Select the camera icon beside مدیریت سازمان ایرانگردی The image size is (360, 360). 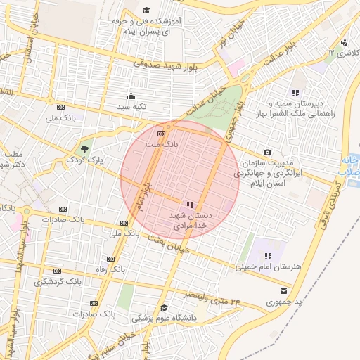click(x=267, y=153)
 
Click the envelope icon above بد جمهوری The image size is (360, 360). click(x=283, y=290)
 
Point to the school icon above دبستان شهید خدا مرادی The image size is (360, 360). click(x=190, y=204)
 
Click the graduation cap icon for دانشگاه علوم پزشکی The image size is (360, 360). click(x=163, y=307)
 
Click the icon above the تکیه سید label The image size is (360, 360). click(x=130, y=96)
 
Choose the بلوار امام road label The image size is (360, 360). click(x=143, y=195)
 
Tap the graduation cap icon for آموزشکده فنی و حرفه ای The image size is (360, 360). click(x=146, y=10)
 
